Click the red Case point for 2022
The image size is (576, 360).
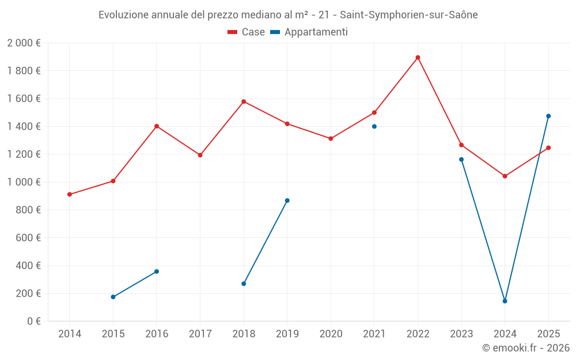pos(418,58)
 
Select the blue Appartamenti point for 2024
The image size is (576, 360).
pos(505,301)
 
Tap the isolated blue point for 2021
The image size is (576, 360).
pos(374,126)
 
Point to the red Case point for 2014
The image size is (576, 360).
pos(70,194)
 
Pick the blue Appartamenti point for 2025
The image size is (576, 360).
pos(548,116)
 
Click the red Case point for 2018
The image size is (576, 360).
pos(244,101)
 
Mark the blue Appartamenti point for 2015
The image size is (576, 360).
pos(113,297)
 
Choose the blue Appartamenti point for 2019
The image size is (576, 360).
pos(287,200)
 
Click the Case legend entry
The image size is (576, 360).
pos(247,32)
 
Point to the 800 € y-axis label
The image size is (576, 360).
pos(28,210)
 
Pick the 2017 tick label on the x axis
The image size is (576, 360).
pos(200,334)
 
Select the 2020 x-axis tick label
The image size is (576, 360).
pos(331,334)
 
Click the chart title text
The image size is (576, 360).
pos(288,15)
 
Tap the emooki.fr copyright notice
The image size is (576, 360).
pos(525,348)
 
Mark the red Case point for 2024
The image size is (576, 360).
pos(505,176)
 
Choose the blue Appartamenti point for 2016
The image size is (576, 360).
pos(157,271)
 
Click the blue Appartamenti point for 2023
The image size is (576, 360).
pos(461,160)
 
